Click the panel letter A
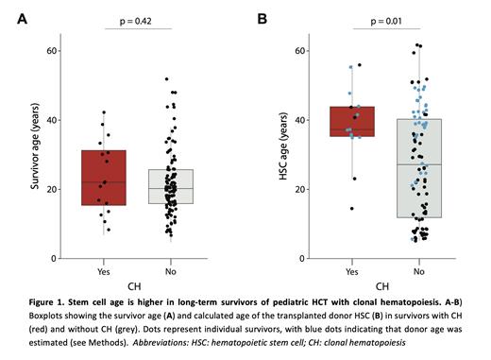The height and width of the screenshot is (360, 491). point(22,19)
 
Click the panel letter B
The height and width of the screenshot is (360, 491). point(262,19)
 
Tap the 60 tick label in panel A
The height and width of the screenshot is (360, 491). point(55,50)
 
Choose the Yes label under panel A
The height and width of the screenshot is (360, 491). point(130,271)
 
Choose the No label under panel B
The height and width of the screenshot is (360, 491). point(416,271)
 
